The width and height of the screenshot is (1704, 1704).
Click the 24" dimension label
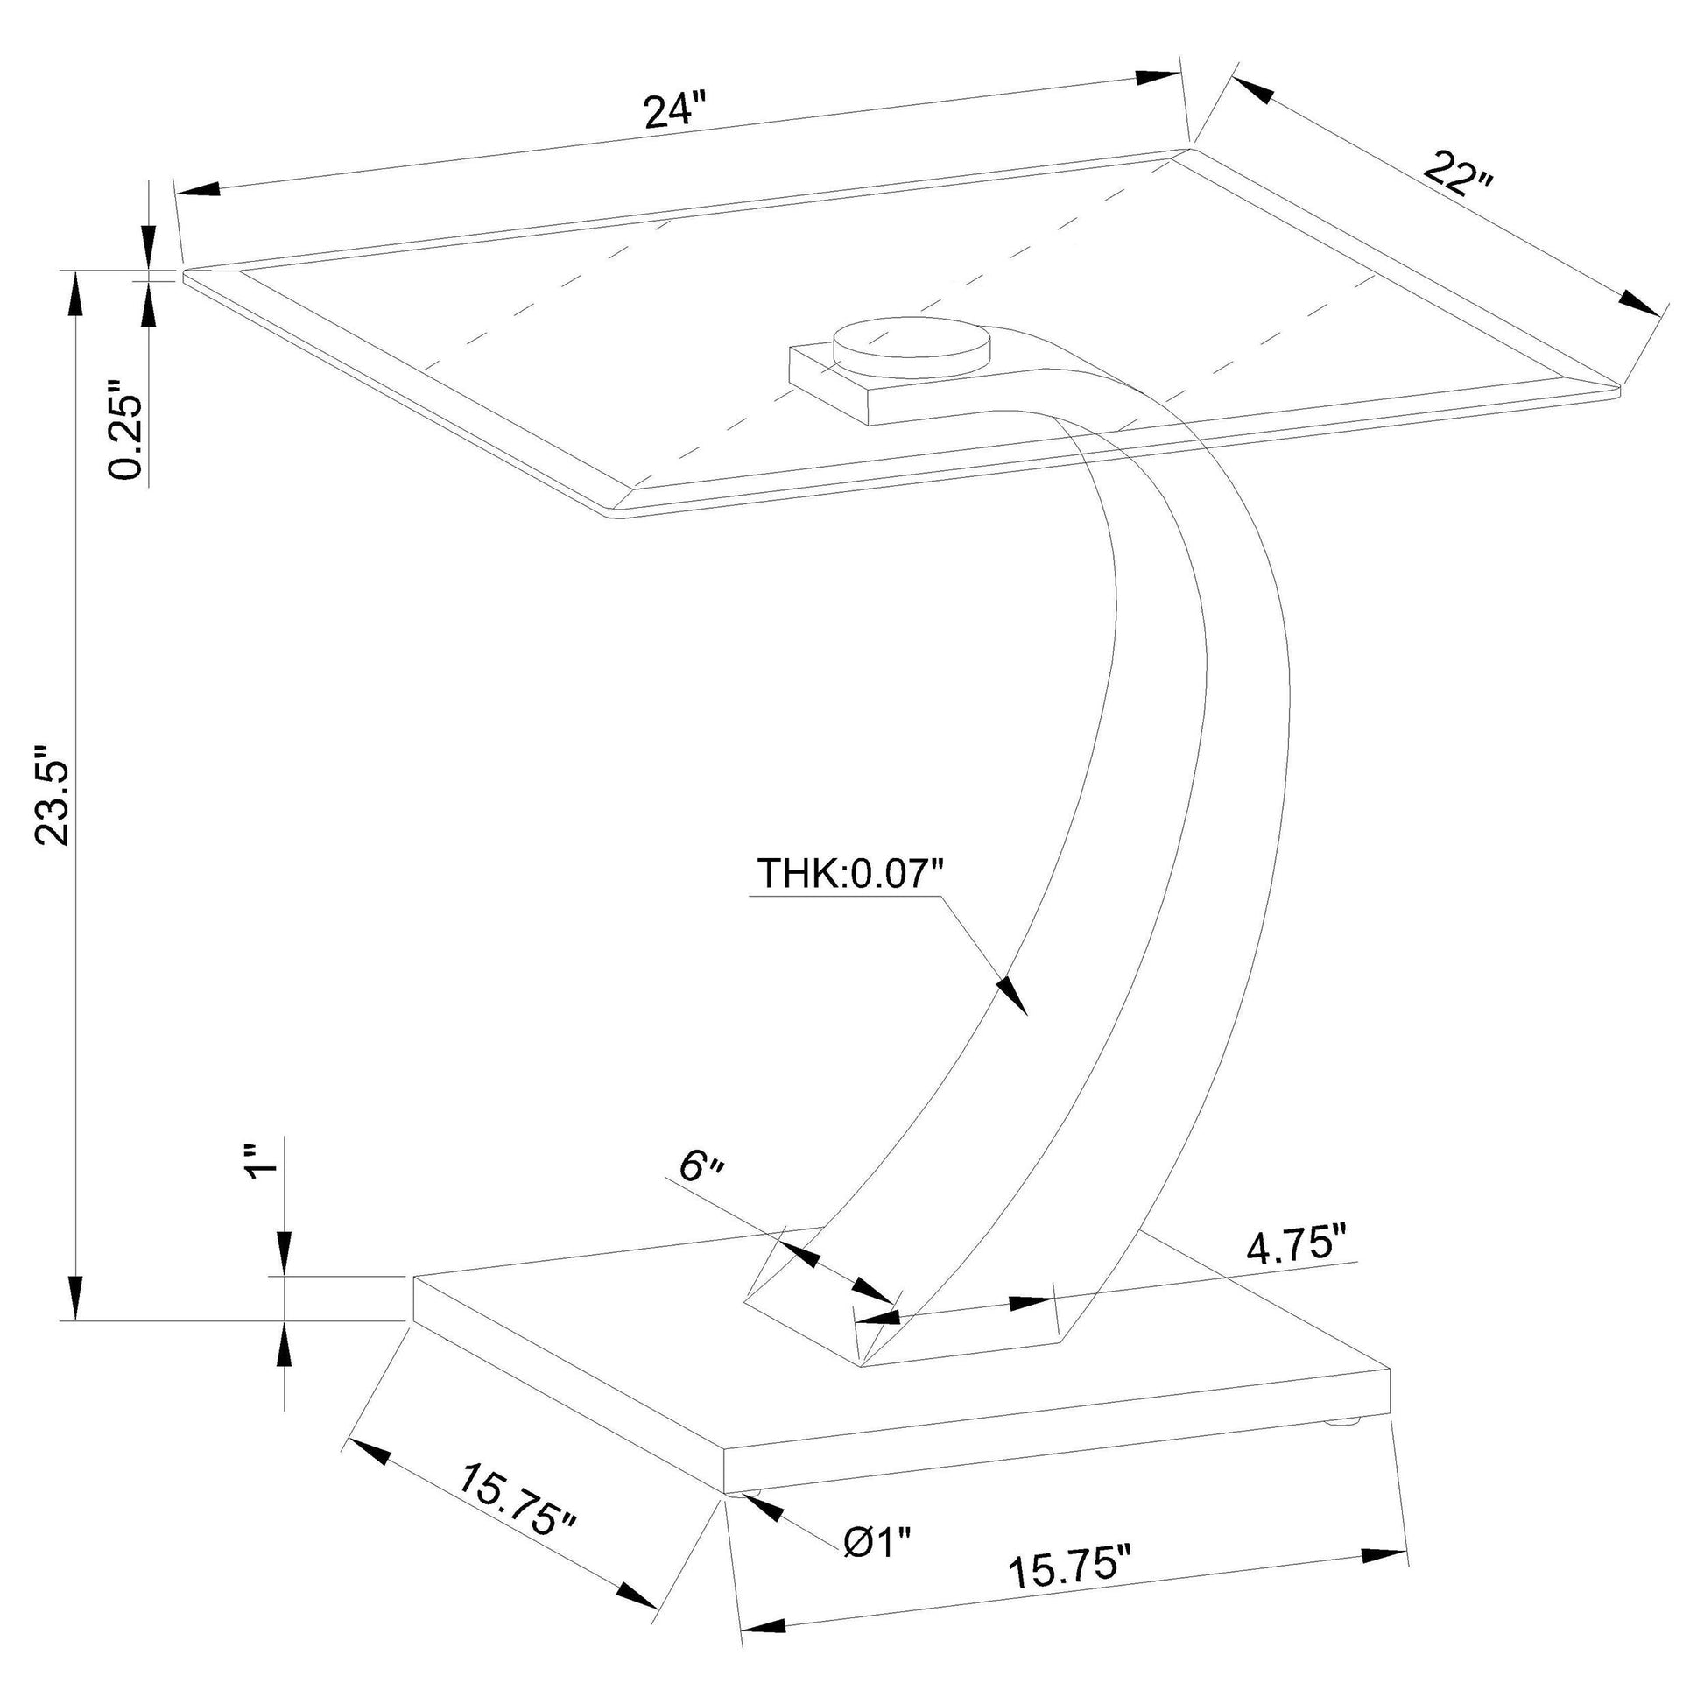[676, 112]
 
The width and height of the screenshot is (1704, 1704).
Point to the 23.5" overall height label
[53, 795]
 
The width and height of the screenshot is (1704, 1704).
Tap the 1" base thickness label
[263, 1162]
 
